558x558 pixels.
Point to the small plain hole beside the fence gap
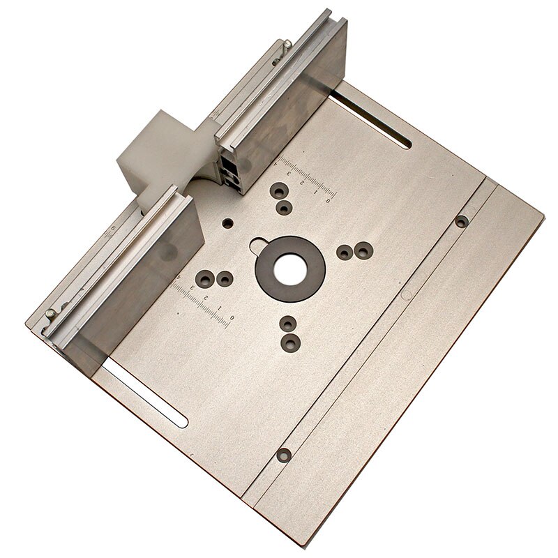tap(227, 224)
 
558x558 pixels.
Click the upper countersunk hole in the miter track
tap(461, 222)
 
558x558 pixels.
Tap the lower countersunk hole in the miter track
tap(284, 455)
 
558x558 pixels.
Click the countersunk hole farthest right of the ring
tap(363, 249)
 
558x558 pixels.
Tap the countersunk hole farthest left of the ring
tap(204, 280)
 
